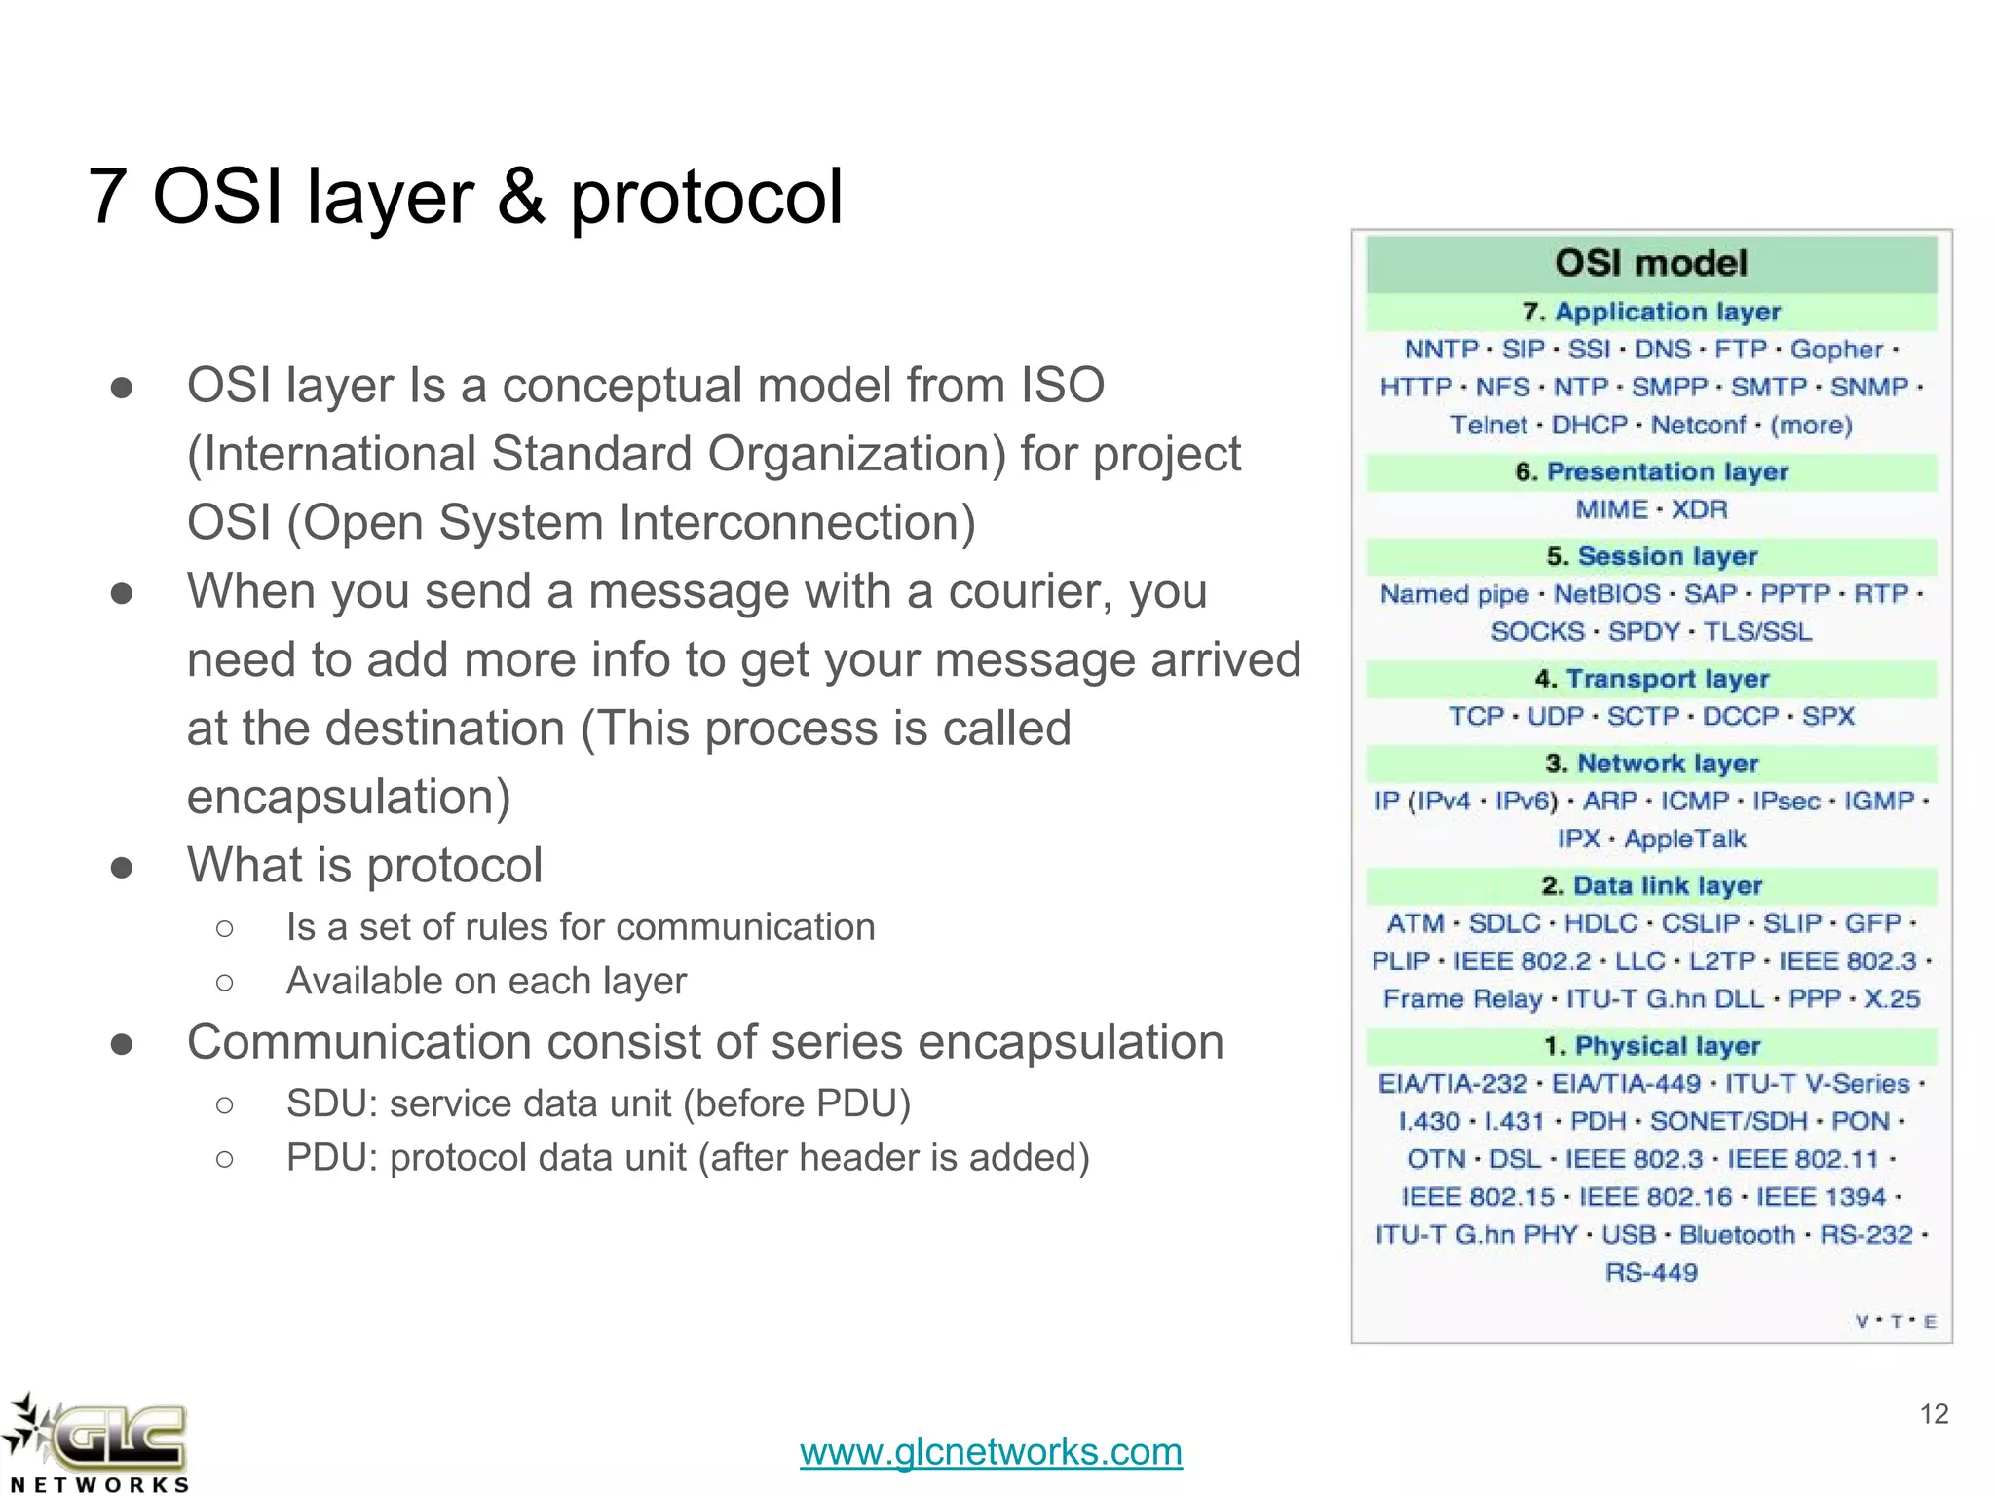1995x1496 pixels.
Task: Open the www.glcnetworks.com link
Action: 991,1452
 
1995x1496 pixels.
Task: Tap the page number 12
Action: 1933,1414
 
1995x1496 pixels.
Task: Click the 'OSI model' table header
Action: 1651,263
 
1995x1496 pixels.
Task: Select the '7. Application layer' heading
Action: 1651,312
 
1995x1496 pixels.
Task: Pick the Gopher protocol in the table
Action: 1835,350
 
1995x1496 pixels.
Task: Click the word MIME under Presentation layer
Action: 1611,509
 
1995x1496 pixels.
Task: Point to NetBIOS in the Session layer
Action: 1606,594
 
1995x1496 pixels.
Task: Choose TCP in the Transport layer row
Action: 1476,717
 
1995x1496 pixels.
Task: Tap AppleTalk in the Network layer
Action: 1684,839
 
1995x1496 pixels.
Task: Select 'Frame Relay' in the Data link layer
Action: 1462,999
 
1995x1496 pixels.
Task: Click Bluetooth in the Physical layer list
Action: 1737,1235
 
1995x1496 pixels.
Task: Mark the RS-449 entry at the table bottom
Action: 1651,1273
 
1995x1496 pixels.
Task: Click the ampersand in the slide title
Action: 521,197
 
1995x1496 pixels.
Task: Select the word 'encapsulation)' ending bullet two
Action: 349,797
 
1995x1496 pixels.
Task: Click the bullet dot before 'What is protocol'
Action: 122,867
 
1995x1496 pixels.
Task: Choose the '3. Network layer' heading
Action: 1651,764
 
